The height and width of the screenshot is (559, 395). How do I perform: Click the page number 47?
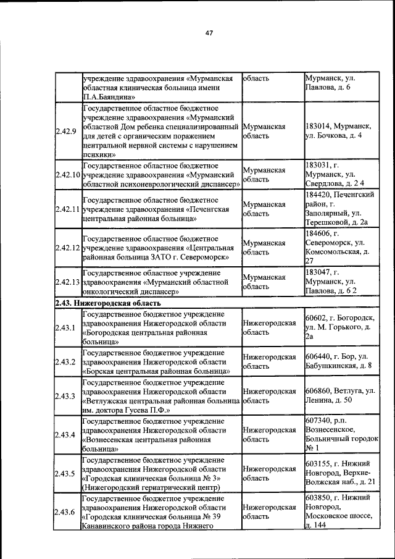click(209, 33)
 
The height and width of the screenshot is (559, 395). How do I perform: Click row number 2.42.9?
click(65, 131)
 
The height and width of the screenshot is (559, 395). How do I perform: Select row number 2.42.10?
click(67, 175)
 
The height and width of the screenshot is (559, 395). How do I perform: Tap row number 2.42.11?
click(67, 209)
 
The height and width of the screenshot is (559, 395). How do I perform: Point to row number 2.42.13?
click(67, 282)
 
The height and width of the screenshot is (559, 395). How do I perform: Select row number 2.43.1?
click(65, 327)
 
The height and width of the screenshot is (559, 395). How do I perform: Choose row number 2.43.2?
click(65, 361)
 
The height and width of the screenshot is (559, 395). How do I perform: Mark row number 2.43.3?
click(65, 396)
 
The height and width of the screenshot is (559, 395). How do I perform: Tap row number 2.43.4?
click(65, 435)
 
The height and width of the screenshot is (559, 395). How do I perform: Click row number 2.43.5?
click(65, 474)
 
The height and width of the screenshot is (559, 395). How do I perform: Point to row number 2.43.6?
click(65, 512)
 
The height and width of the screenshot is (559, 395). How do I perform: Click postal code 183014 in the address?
click(318, 126)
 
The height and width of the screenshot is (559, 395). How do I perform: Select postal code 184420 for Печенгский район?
click(318, 195)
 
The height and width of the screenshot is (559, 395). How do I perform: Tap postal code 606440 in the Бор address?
click(318, 357)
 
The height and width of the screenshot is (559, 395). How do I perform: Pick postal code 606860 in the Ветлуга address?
click(318, 392)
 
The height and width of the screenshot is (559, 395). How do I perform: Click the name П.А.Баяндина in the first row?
click(106, 97)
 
